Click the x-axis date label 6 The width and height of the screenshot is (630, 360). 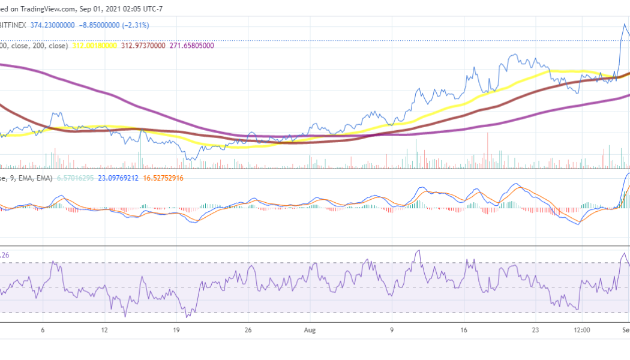pos(43,330)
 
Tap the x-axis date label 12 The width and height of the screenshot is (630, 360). pos(104,330)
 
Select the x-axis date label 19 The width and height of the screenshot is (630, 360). pos(177,330)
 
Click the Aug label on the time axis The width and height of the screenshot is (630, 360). pos(310,330)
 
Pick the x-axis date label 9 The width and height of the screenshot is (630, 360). pos(392,330)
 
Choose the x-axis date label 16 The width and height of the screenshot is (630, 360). pos(464,330)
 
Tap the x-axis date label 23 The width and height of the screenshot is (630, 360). pos(536,330)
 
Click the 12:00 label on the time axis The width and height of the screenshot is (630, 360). pos(581,330)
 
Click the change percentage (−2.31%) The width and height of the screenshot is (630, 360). pos(136,25)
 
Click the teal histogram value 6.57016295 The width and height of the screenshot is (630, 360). pos(76,178)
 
